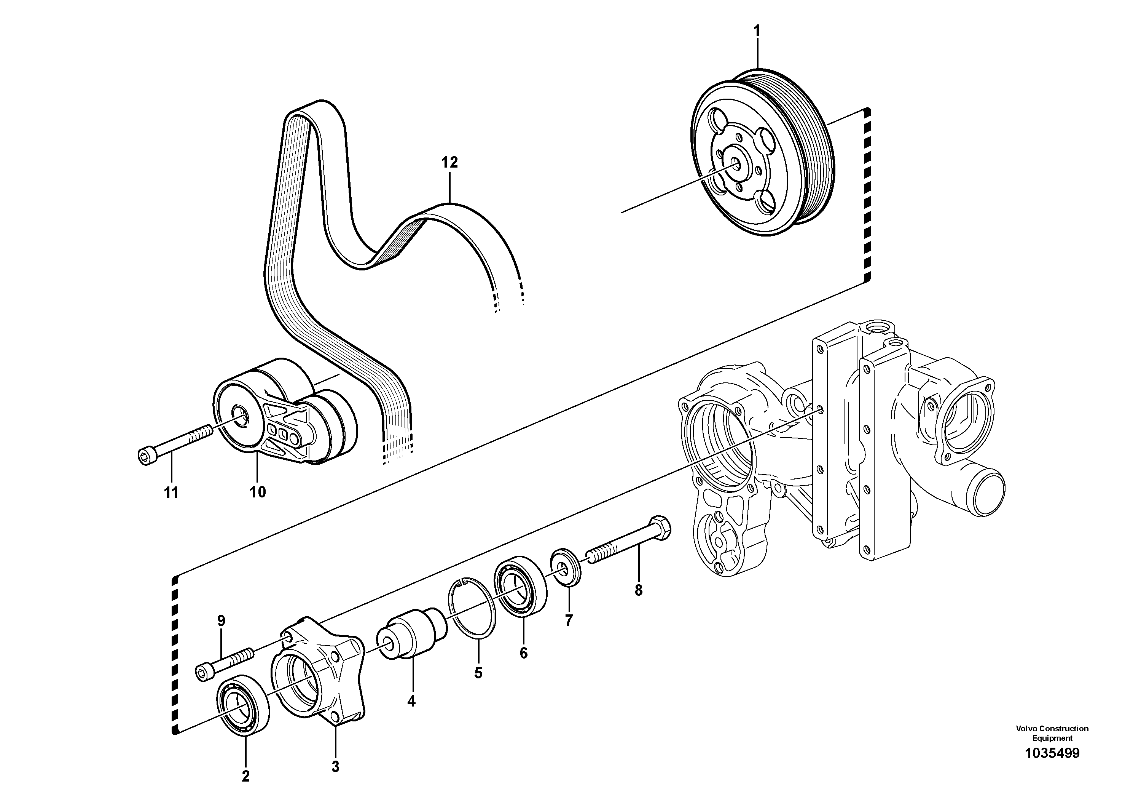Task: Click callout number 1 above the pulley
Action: (x=757, y=31)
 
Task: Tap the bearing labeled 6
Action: (x=521, y=587)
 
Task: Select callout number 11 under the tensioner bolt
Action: (x=171, y=492)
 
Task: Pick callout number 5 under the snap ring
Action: (x=478, y=673)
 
